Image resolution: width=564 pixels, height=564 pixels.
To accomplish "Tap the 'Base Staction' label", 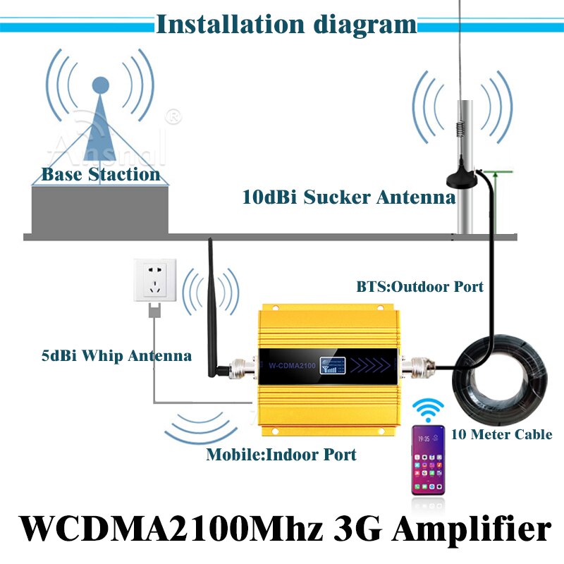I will click(x=100, y=174).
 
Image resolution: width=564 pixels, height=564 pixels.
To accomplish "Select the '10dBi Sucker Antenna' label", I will click(x=349, y=197).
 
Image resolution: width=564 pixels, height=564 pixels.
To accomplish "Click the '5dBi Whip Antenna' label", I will click(x=116, y=355).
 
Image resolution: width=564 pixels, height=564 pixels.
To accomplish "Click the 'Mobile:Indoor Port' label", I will click(x=281, y=455).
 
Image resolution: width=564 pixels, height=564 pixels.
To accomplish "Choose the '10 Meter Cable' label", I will click(x=501, y=434).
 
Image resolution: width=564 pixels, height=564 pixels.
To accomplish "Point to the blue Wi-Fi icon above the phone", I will click(x=429, y=409).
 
